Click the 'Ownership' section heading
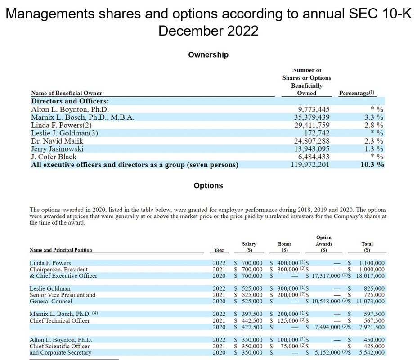(x=208, y=54)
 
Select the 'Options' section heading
(x=208, y=185)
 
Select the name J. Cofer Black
(x=54, y=157)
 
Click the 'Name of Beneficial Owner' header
(x=67, y=93)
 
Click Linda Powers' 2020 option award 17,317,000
(x=327, y=275)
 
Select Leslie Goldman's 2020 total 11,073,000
(x=370, y=301)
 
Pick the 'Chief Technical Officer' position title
(x=60, y=320)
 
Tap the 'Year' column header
(x=219, y=250)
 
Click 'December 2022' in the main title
(x=208, y=31)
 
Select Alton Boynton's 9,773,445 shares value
(x=314, y=109)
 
